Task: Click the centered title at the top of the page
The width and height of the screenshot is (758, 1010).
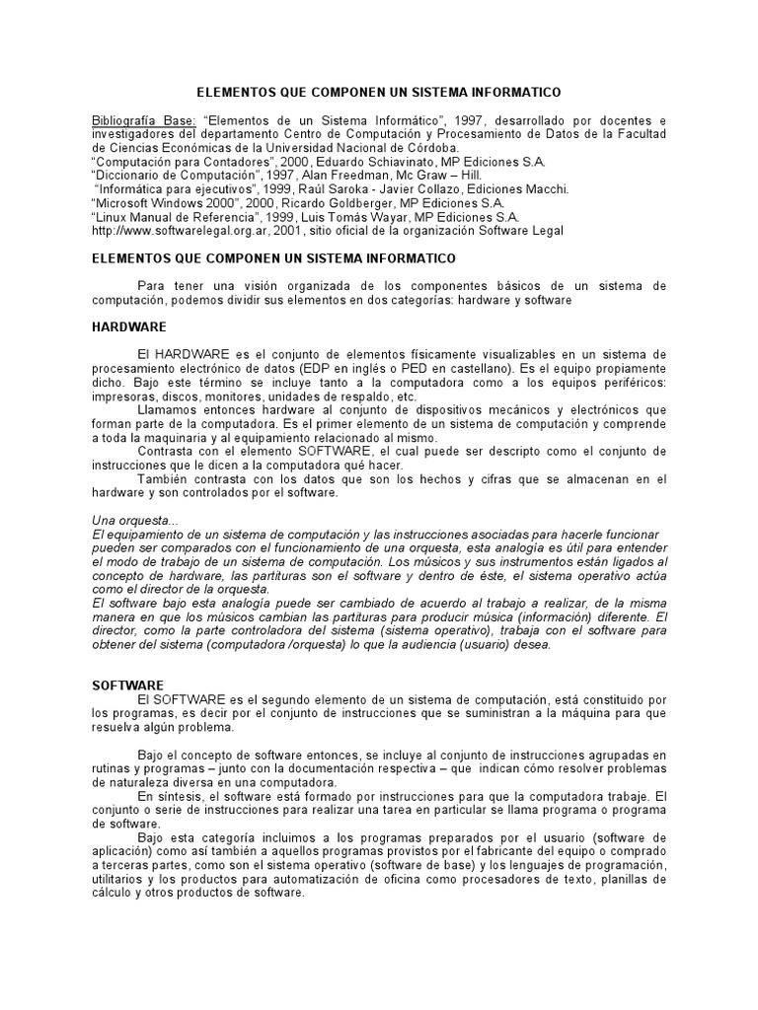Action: tap(379, 92)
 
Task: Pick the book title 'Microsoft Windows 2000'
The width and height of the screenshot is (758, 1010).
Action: tap(163, 203)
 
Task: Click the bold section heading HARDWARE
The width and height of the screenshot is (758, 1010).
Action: tap(129, 326)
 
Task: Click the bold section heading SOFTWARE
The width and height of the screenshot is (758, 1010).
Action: tap(128, 685)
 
